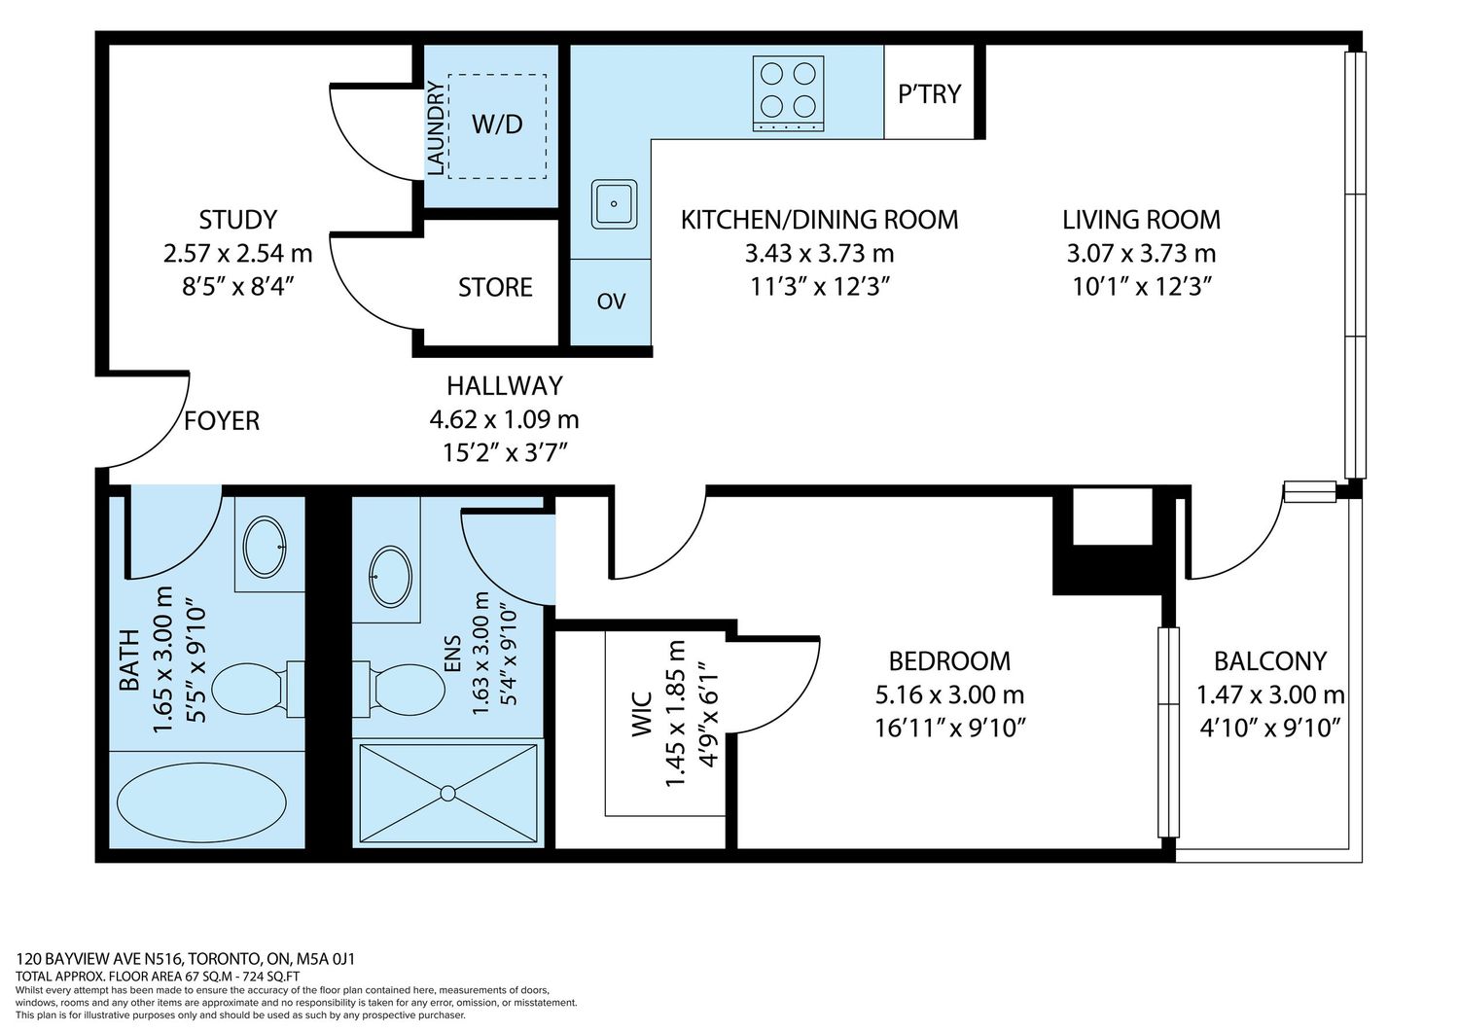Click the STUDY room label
click(x=237, y=220)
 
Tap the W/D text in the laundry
click(x=497, y=124)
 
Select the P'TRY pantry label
click(x=930, y=93)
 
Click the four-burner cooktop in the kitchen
click(x=788, y=93)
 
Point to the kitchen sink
click(x=614, y=204)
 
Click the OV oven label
click(x=611, y=301)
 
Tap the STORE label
click(x=495, y=287)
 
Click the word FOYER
click(x=222, y=421)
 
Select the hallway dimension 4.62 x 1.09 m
click(x=504, y=419)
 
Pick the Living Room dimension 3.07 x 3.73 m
click(x=1141, y=253)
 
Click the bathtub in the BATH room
click(x=201, y=801)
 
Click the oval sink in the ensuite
click(x=389, y=577)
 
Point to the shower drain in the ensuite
click(x=447, y=793)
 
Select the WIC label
click(x=642, y=714)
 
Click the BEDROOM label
click(x=949, y=661)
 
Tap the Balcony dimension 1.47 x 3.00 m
click(x=1270, y=694)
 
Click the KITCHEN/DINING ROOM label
click(x=819, y=220)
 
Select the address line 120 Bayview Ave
click(x=185, y=959)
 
